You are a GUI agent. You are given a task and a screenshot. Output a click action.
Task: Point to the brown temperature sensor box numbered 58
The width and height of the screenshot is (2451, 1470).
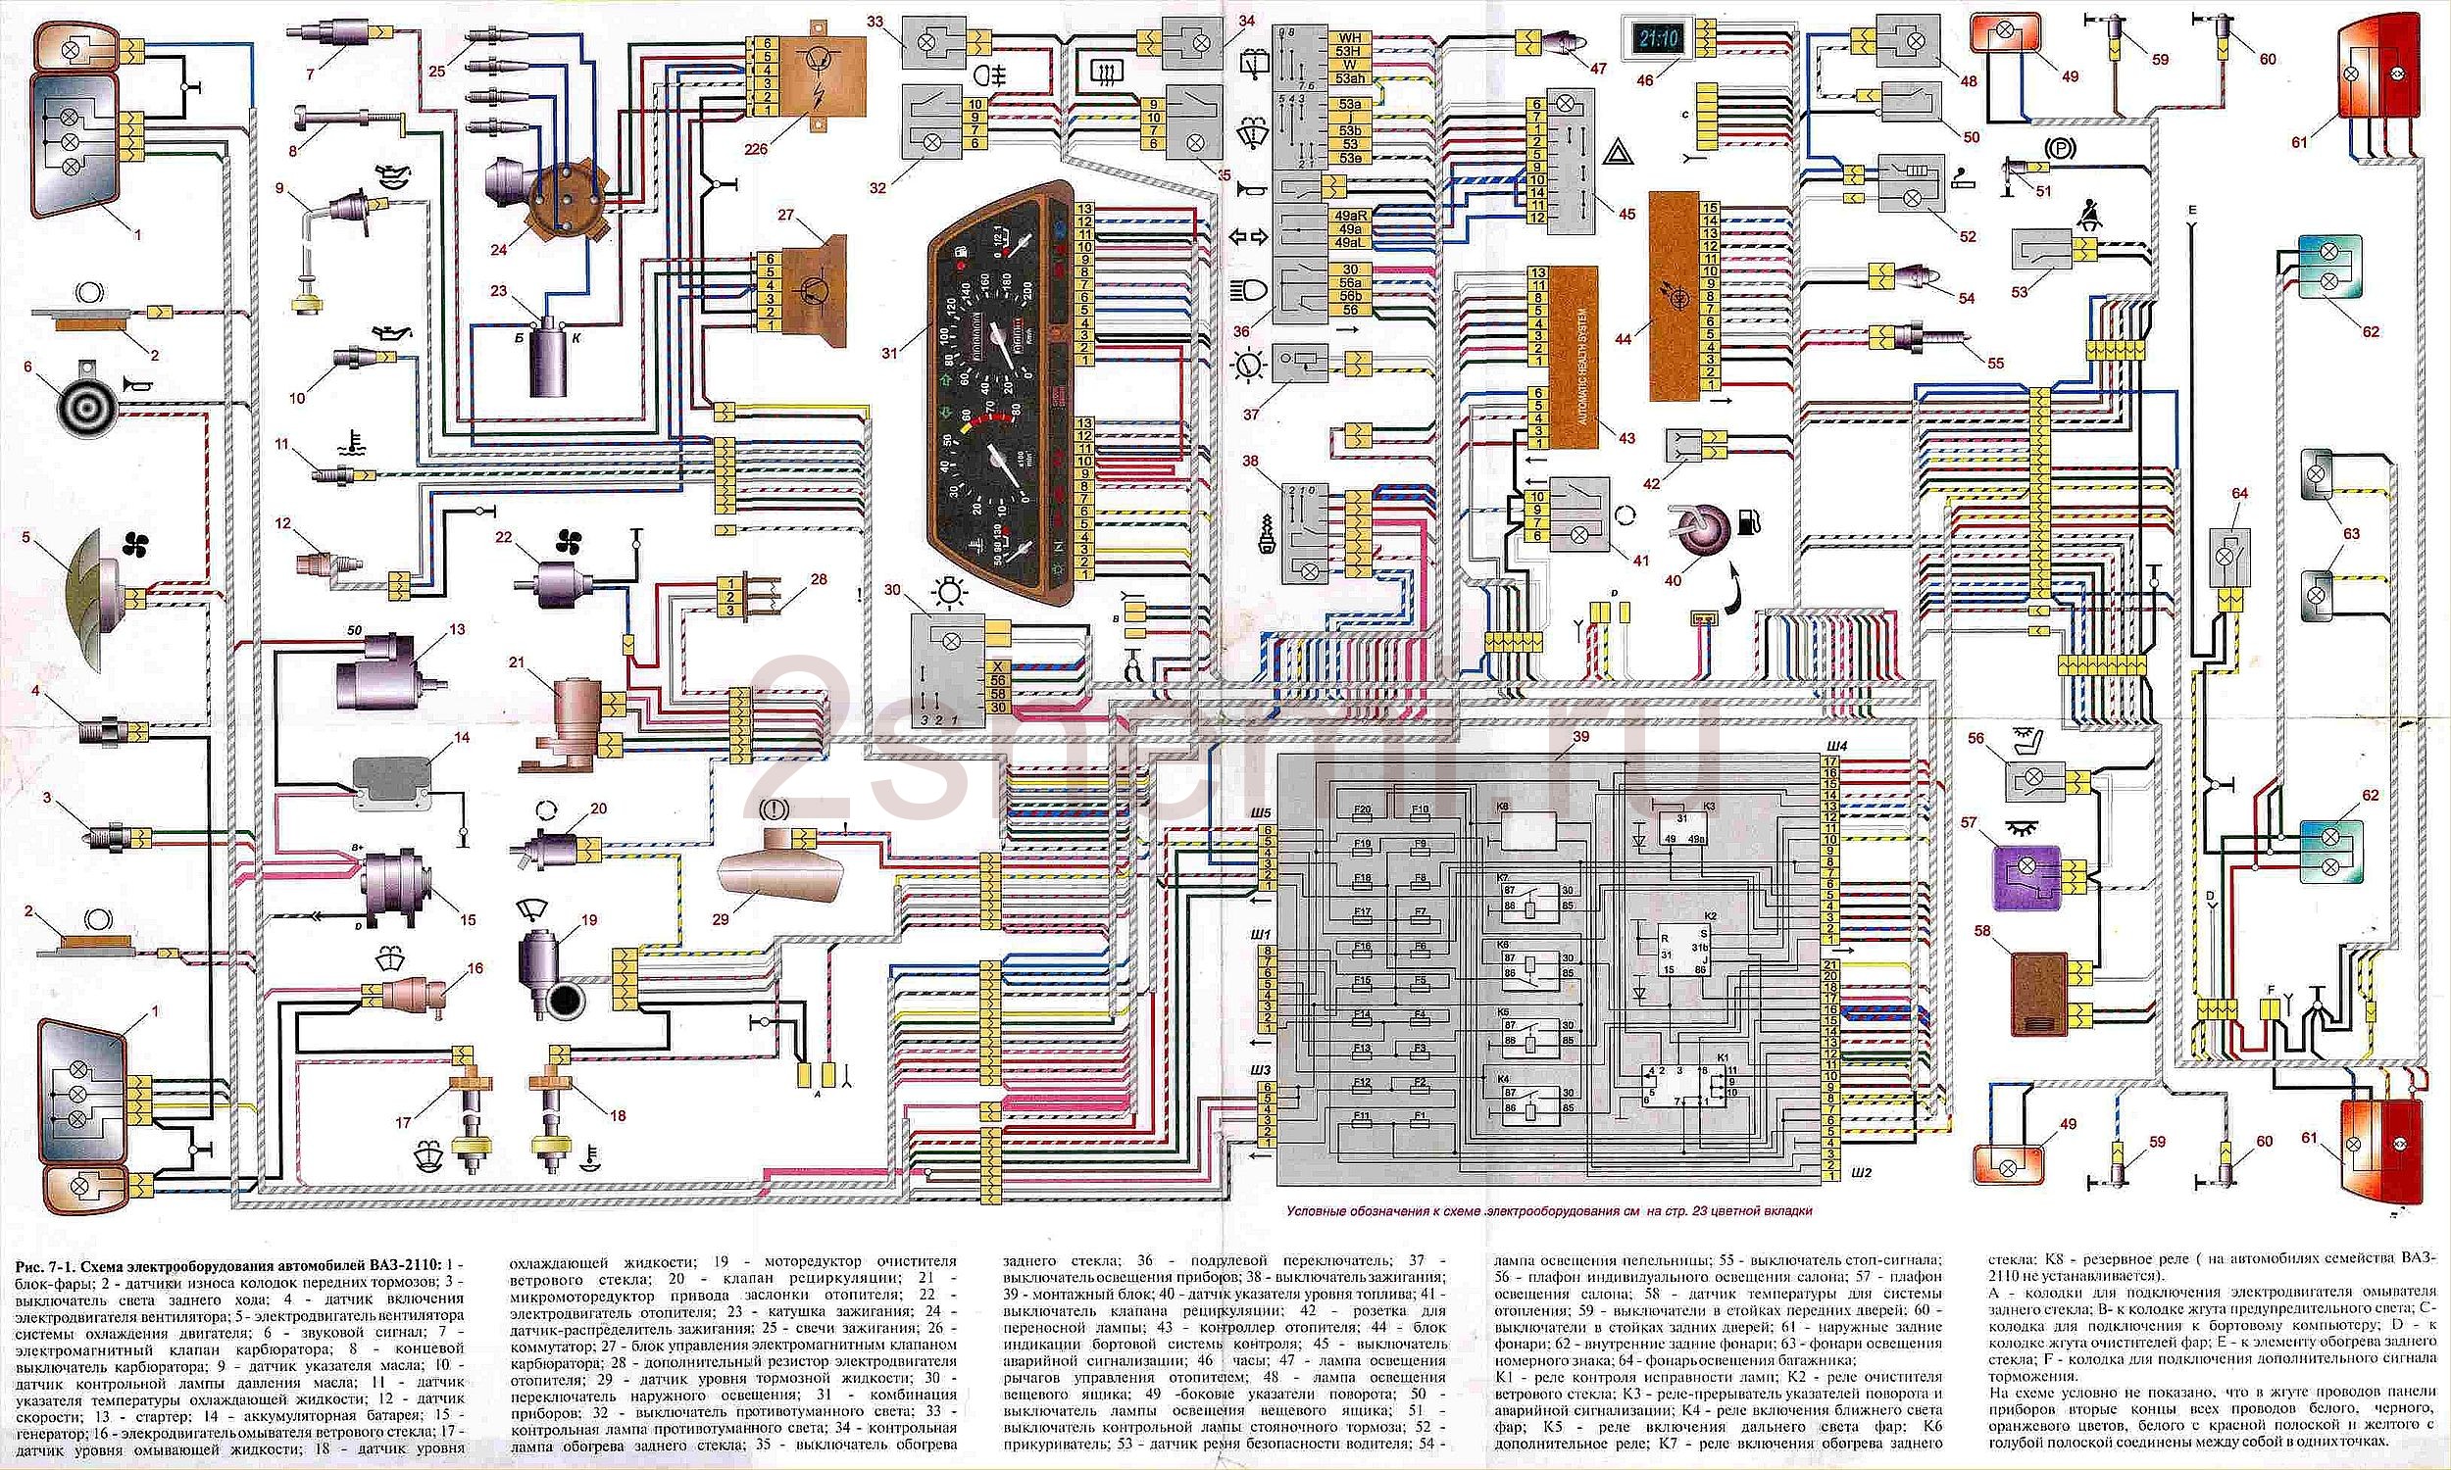(2039, 994)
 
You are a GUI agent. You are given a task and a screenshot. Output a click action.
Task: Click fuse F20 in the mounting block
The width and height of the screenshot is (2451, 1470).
(1362, 810)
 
